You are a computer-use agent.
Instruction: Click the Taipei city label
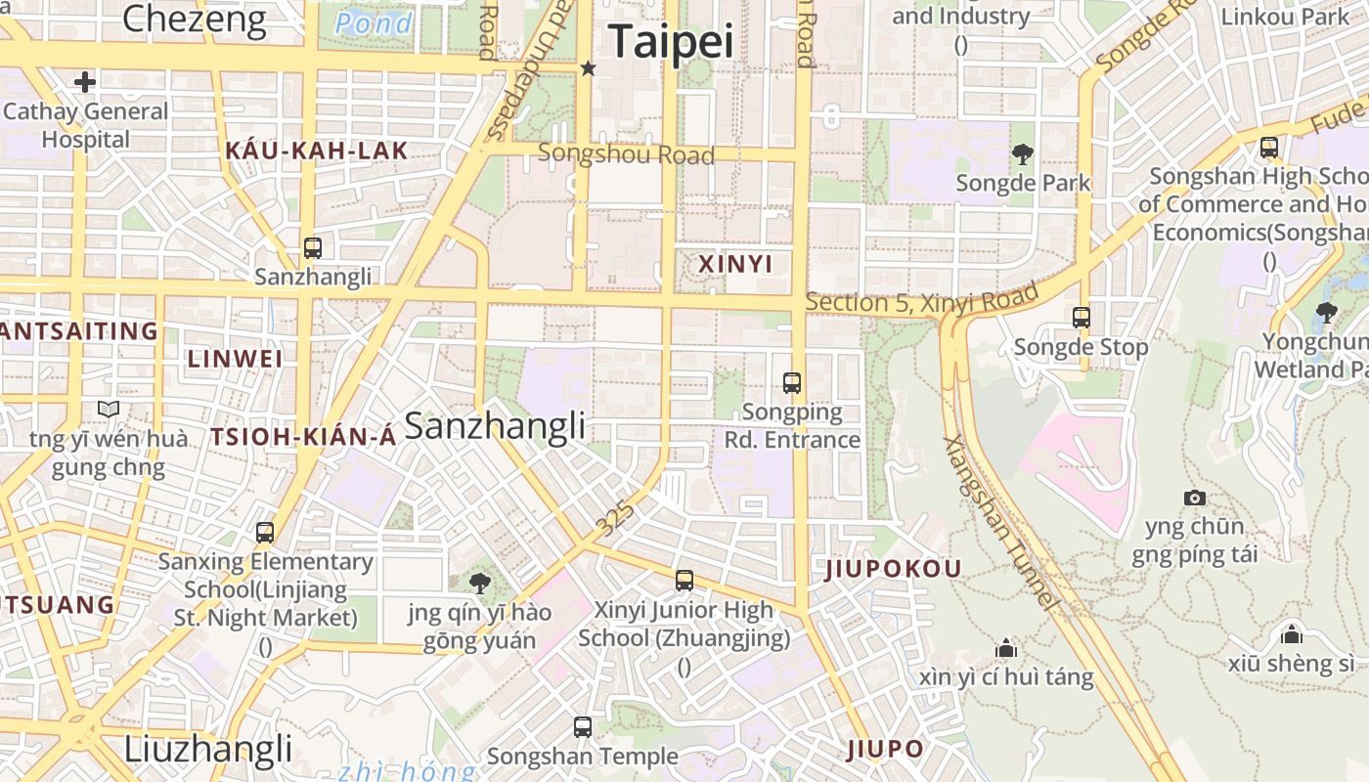click(671, 42)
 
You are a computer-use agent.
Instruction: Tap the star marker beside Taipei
click(588, 68)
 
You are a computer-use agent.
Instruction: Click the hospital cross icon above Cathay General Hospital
click(85, 81)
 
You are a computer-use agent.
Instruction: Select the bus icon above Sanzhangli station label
click(313, 248)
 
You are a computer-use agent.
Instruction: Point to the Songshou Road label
click(626, 154)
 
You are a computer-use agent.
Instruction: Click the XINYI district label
click(735, 264)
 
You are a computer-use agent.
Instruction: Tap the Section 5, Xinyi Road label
click(921, 299)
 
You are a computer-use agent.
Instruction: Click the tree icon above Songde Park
click(1023, 153)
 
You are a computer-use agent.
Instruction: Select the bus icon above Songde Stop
click(1081, 318)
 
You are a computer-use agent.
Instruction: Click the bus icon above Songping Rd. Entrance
click(792, 383)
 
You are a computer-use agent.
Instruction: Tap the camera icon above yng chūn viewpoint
click(1194, 499)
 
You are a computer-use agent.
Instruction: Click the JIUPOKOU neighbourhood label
click(894, 569)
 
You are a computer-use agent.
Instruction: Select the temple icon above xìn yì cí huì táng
click(1005, 648)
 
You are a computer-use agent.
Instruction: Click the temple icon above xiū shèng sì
click(1292, 634)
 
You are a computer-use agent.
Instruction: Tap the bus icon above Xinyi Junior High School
click(684, 581)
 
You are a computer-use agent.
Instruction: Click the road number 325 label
click(616, 519)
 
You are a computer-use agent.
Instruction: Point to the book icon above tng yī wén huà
click(108, 410)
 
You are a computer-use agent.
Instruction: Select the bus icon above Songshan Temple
click(583, 727)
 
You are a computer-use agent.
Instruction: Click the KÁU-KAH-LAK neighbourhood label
click(317, 151)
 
